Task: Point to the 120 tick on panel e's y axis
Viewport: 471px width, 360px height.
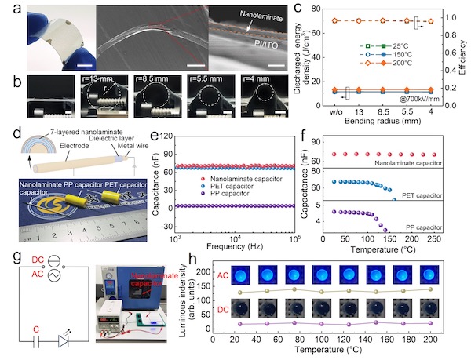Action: pos(166,136)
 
